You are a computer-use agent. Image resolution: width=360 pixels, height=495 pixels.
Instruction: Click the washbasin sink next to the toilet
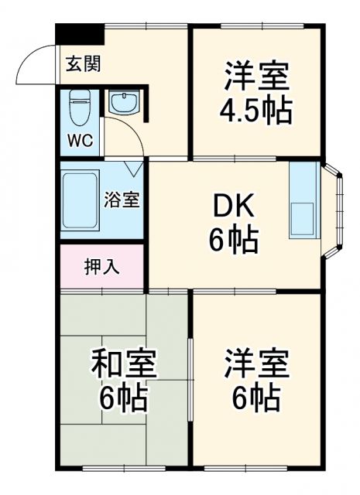(122, 104)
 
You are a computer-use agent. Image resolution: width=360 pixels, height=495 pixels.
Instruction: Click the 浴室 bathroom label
(122, 199)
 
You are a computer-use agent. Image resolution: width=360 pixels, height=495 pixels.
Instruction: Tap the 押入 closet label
(101, 267)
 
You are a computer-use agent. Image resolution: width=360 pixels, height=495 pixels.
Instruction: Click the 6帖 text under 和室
(124, 398)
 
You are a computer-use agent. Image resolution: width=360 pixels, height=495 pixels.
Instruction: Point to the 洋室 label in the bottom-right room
(256, 364)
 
